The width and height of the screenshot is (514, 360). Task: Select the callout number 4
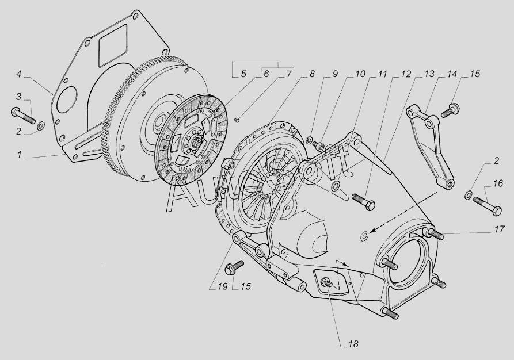click(18, 75)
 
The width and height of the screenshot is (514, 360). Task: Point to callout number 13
click(429, 74)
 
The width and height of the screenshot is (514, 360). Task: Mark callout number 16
click(498, 184)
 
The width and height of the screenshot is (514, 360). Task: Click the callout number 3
click(18, 95)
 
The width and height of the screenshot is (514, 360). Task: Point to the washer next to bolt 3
click(40, 126)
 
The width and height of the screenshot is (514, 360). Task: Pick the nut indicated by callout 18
click(326, 282)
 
